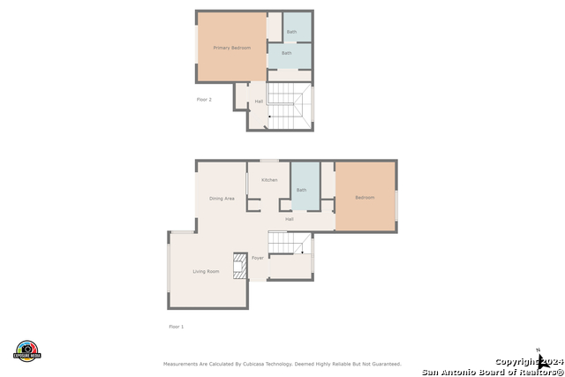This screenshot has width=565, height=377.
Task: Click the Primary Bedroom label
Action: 232,48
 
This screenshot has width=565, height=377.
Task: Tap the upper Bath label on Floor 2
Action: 291,32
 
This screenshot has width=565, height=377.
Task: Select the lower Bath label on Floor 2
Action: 287,53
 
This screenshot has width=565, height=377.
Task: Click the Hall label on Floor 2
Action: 259,102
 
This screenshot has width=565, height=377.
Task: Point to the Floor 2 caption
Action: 204,100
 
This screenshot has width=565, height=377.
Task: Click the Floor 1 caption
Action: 177,327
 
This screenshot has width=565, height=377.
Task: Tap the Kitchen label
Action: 269,180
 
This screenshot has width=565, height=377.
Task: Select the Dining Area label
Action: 222,199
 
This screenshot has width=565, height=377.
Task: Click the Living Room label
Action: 206,271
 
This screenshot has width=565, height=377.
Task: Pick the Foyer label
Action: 258,258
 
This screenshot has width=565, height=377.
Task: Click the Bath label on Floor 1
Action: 302,190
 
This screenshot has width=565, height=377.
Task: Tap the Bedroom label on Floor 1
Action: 365,198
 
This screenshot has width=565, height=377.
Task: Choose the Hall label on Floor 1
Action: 290,219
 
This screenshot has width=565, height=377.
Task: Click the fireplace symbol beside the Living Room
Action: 239,265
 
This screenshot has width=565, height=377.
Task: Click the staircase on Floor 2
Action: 289,105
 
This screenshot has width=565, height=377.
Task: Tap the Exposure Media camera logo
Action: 28,350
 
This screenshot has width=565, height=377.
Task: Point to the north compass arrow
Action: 541,359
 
